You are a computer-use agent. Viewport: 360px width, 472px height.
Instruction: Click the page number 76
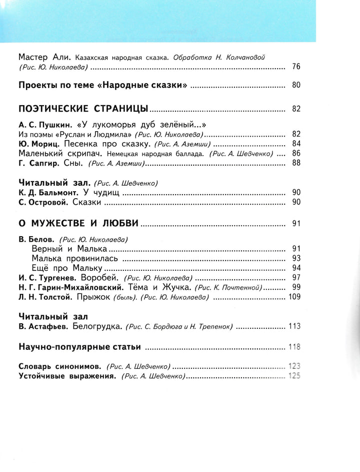tap(295, 67)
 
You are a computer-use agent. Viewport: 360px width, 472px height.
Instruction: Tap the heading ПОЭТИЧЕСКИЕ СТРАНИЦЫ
tap(83, 109)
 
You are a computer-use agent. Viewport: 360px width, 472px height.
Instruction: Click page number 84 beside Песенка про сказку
tap(295, 144)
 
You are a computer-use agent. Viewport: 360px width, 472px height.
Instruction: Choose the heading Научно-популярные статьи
tap(78, 346)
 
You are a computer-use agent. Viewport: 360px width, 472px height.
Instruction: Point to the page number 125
tap(294, 376)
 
